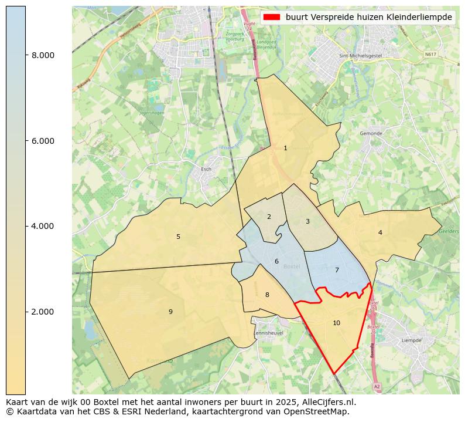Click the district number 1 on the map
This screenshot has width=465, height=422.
click(285, 148)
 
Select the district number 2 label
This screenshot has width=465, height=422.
click(269, 217)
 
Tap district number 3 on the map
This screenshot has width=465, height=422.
click(307, 222)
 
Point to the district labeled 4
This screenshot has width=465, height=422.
click(380, 233)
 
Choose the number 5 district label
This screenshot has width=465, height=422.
click(179, 237)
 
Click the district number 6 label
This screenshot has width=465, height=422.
click(276, 262)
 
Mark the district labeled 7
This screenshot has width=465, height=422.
click(337, 271)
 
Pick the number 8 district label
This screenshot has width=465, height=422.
click(267, 295)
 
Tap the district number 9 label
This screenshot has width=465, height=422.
click(170, 312)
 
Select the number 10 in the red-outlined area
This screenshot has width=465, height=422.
click(336, 323)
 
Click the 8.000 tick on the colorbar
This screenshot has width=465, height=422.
click(43, 56)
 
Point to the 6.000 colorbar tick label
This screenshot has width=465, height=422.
click(43, 141)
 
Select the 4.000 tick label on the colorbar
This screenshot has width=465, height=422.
click(43, 227)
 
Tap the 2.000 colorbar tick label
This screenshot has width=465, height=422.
click(43, 312)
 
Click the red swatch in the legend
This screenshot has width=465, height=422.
click(272, 18)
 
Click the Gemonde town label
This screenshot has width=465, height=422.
click(371, 134)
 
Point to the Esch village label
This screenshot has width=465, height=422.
click(206, 170)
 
